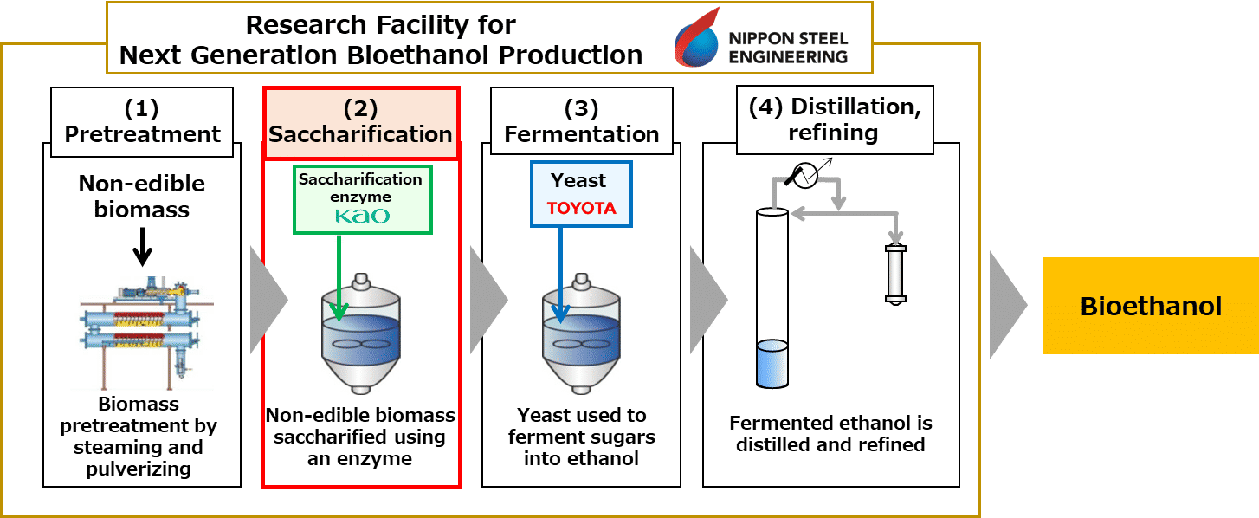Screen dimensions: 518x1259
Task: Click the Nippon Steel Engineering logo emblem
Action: click(697, 37)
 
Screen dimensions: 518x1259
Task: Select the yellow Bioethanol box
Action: click(1151, 306)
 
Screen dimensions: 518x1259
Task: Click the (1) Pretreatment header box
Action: click(143, 122)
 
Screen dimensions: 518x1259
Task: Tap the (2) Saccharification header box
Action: click(360, 122)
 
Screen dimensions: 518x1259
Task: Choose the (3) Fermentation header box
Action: click(582, 122)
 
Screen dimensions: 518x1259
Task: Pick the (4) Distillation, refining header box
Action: click(835, 120)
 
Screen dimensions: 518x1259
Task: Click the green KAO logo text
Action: click(362, 216)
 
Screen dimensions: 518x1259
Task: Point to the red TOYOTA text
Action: click(581, 209)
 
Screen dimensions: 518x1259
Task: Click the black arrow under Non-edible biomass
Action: click(142, 247)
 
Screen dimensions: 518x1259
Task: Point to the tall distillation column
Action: click(772, 295)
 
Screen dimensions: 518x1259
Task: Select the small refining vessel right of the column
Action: click(895, 272)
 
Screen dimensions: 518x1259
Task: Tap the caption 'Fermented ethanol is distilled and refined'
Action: click(830, 434)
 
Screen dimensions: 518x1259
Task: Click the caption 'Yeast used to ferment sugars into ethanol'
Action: click(581, 437)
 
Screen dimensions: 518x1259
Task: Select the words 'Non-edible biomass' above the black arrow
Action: click(142, 195)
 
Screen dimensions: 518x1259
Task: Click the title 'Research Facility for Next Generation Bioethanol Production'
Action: click(381, 40)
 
